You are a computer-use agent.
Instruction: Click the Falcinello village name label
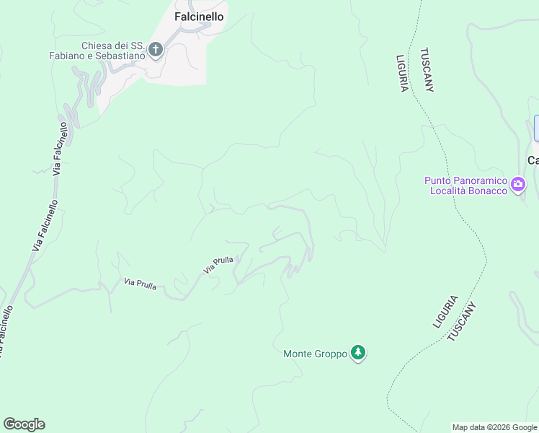click(x=199, y=16)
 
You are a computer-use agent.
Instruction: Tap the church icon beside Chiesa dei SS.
click(x=155, y=50)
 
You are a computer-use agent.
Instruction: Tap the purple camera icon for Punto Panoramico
click(x=517, y=185)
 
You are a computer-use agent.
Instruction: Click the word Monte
click(x=298, y=354)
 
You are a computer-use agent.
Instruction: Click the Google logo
click(x=24, y=424)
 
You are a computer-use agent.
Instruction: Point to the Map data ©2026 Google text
click(x=495, y=427)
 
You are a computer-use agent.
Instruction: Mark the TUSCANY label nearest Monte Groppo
click(x=463, y=321)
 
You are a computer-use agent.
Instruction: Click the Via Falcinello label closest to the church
click(x=61, y=149)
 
